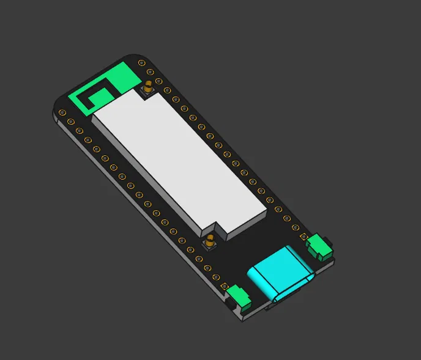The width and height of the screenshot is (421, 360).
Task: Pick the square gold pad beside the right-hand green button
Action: [x=303, y=237]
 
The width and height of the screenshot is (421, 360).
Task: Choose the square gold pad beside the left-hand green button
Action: [x=225, y=287]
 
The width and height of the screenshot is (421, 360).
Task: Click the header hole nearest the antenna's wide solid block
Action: [x=142, y=62]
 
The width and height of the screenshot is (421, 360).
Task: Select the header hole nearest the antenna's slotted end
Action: [x=63, y=112]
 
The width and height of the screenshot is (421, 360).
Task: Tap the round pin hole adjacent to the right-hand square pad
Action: [x=295, y=227]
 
